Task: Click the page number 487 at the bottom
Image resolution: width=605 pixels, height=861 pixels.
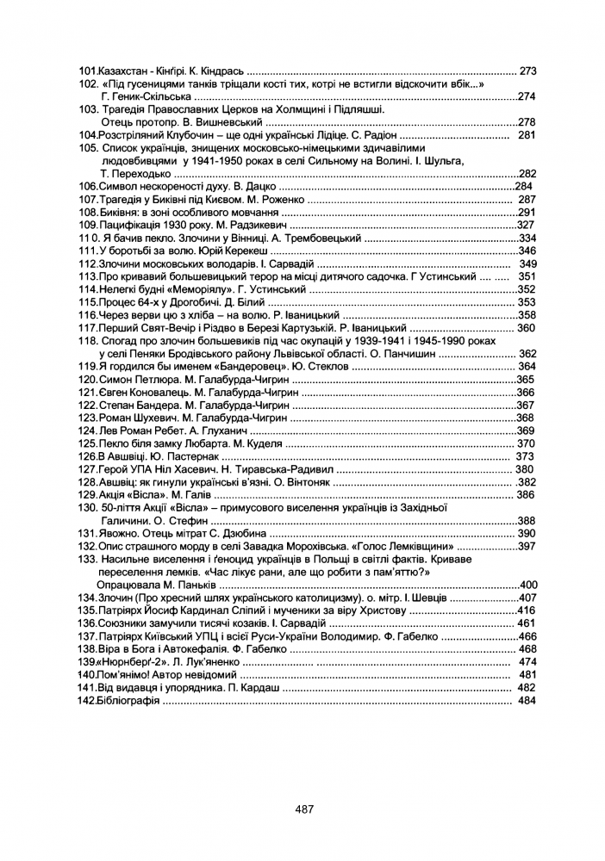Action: tap(302, 808)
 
